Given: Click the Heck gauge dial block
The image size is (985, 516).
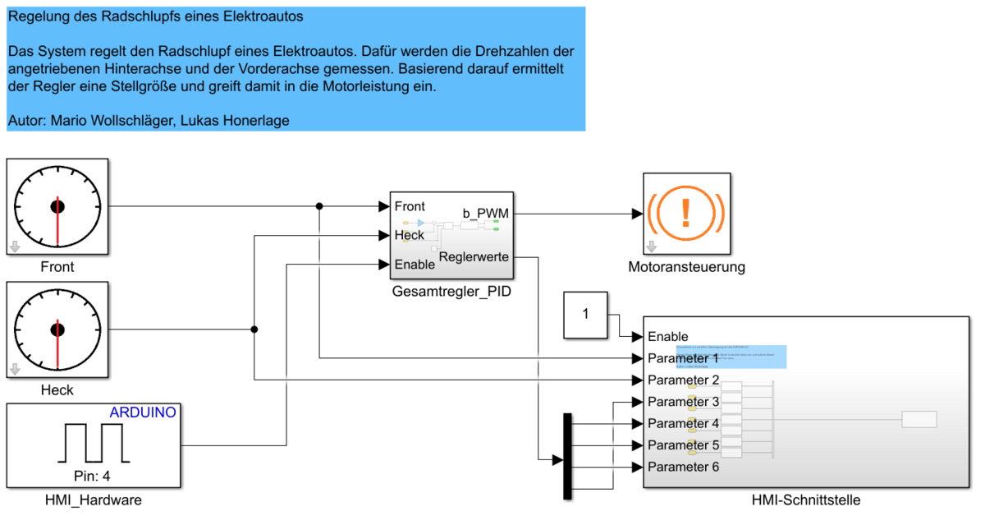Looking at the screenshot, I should click(x=57, y=329).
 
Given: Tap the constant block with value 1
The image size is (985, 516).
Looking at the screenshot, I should click(x=585, y=315).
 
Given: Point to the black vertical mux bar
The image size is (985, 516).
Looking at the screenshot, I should click(x=567, y=455).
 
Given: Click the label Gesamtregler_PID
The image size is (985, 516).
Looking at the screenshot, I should click(x=451, y=290).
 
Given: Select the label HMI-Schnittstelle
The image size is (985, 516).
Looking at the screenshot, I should click(x=805, y=500).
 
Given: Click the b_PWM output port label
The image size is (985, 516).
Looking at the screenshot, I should click(x=485, y=214).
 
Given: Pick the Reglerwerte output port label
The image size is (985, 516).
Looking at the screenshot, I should click(x=474, y=257).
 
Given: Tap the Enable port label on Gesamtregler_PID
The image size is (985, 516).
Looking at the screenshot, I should click(x=415, y=265).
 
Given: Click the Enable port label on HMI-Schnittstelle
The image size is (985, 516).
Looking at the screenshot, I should click(x=668, y=337).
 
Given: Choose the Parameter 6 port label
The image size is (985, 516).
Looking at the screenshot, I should click(x=683, y=467).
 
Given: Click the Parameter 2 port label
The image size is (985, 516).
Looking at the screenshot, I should click(x=683, y=380).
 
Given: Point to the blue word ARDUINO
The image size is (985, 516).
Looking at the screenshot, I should click(x=143, y=412).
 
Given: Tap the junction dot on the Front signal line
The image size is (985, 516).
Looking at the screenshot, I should click(x=320, y=206).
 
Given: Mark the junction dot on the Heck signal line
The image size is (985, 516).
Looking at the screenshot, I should click(x=254, y=329).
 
